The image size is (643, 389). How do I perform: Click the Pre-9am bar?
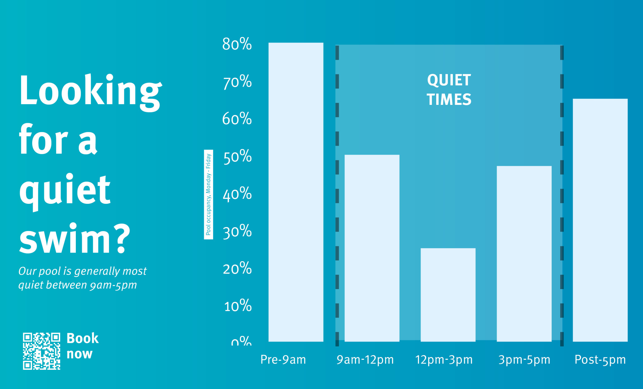[x=296, y=192]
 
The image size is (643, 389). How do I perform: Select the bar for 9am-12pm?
[x=372, y=248]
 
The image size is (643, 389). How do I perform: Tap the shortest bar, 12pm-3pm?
[x=448, y=295]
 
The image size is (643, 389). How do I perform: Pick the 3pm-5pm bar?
[x=524, y=254]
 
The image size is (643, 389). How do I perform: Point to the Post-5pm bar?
[x=600, y=220]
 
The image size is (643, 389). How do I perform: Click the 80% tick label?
[x=237, y=44]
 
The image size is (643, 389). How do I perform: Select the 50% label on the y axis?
[x=237, y=157]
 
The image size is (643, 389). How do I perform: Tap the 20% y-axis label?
[x=237, y=269]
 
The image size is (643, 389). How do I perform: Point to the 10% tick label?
[x=238, y=306]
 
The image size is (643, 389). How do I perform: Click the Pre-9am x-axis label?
[x=283, y=360]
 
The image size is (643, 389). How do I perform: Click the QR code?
[x=42, y=351]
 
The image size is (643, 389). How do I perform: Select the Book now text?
[x=82, y=346]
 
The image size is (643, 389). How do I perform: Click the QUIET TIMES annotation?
[x=449, y=90]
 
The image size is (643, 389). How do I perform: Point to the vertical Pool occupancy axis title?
[x=208, y=194]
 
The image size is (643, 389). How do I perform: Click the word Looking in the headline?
[x=90, y=92]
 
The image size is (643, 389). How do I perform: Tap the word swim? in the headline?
[x=75, y=239]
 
